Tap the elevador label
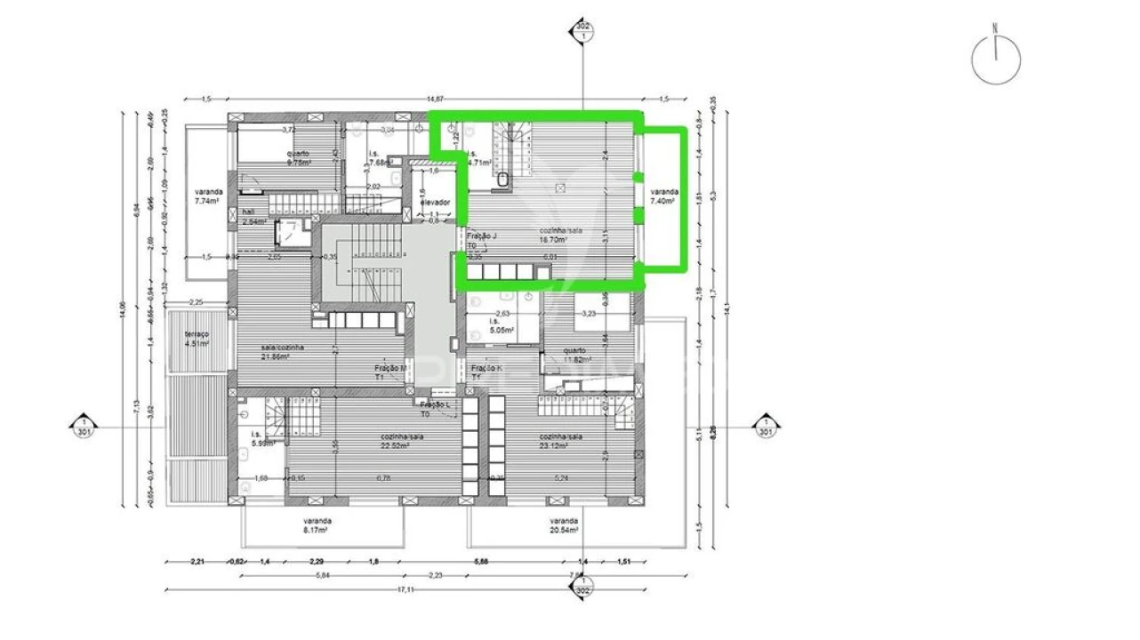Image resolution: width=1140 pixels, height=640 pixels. coord(436,203)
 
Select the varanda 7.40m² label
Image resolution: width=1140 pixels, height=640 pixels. coord(662,197)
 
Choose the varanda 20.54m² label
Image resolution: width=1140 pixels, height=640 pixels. coord(564,525)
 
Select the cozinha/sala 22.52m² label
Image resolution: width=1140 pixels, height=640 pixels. coord(395,442)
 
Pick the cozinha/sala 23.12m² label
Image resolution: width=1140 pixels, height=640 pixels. coord(560,442)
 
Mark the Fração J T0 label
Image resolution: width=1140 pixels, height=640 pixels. coord(482,241)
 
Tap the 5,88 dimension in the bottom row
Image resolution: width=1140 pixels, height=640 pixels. coord(481,561)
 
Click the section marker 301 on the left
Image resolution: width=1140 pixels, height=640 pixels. coord(83,427)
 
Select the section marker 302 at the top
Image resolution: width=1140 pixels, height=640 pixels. coord(582,33)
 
